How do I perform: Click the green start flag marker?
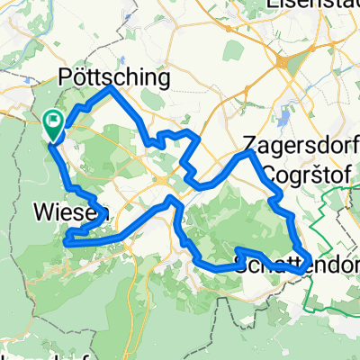point(53,124)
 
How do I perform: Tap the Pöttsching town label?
point(114,78)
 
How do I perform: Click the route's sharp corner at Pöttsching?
point(110,89)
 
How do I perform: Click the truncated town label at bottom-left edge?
point(18,355)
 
